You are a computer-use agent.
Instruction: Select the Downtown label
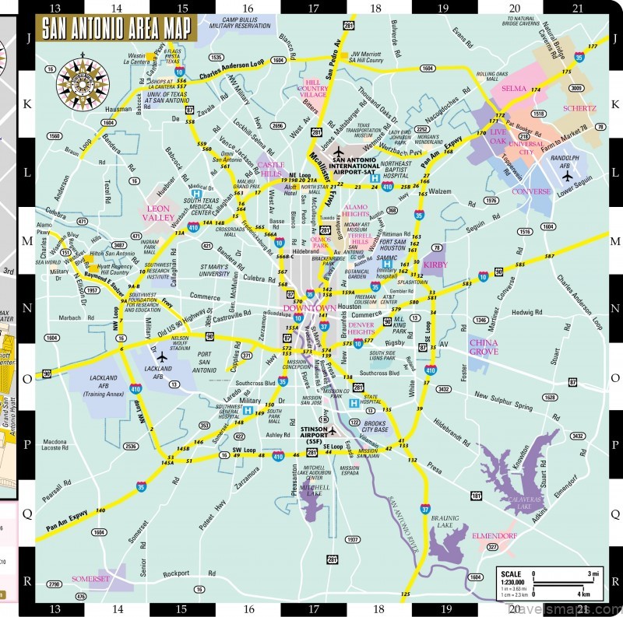click(309, 309)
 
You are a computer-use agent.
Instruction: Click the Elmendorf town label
click(494, 535)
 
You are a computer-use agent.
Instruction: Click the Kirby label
click(435, 265)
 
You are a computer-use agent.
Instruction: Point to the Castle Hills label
click(272, 169)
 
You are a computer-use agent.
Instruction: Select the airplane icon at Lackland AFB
click(162, 357)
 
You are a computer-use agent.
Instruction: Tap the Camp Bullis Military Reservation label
click(230, 23)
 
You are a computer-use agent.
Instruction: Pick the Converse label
click(531, 191)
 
